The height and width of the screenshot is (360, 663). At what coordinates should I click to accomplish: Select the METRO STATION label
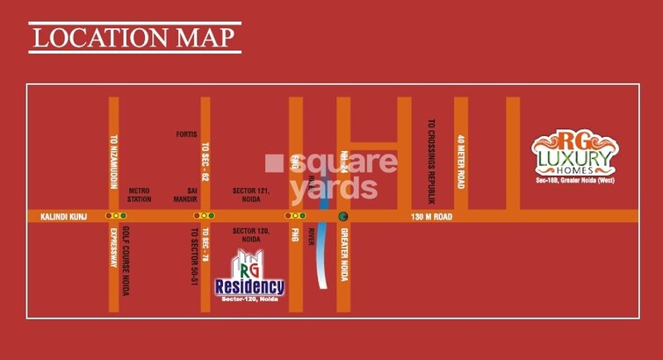tap(140, 194)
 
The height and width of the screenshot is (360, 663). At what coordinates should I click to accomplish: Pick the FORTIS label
tap(186, 134)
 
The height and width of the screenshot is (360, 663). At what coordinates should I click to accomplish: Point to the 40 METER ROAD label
tap(461, 162)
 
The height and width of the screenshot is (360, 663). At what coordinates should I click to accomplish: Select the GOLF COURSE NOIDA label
tap(125, 260)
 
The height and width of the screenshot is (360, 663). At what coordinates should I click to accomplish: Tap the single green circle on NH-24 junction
tap(343, 216)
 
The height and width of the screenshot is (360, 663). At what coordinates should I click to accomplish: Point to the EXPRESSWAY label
tap(113, 248)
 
